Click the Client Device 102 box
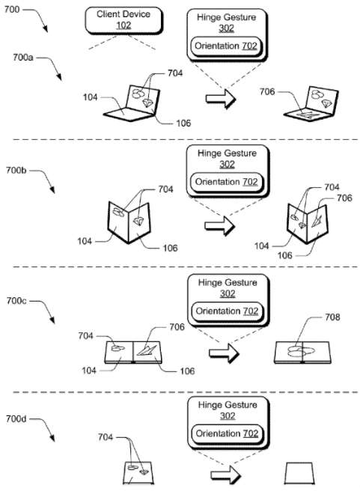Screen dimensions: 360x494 123,21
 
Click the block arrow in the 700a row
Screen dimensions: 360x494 221,99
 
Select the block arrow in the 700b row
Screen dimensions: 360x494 219,225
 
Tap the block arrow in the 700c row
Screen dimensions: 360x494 224,353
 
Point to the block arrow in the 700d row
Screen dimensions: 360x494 225,475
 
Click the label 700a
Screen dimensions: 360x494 23,58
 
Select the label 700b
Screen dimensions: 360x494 16,171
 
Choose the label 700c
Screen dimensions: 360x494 16,301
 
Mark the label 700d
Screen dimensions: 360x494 16,419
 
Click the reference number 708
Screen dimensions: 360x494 332,317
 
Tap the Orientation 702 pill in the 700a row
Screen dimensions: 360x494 226,46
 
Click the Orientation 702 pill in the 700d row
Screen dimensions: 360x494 227,434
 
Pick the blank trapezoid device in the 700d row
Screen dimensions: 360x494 299,473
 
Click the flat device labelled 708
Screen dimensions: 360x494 302,353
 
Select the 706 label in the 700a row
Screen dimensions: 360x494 267,91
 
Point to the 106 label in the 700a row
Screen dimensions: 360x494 183,123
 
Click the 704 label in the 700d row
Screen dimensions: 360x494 106,437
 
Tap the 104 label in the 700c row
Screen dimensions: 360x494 89,370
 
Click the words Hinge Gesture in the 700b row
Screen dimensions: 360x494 227,153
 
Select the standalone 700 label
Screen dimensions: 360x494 12,9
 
